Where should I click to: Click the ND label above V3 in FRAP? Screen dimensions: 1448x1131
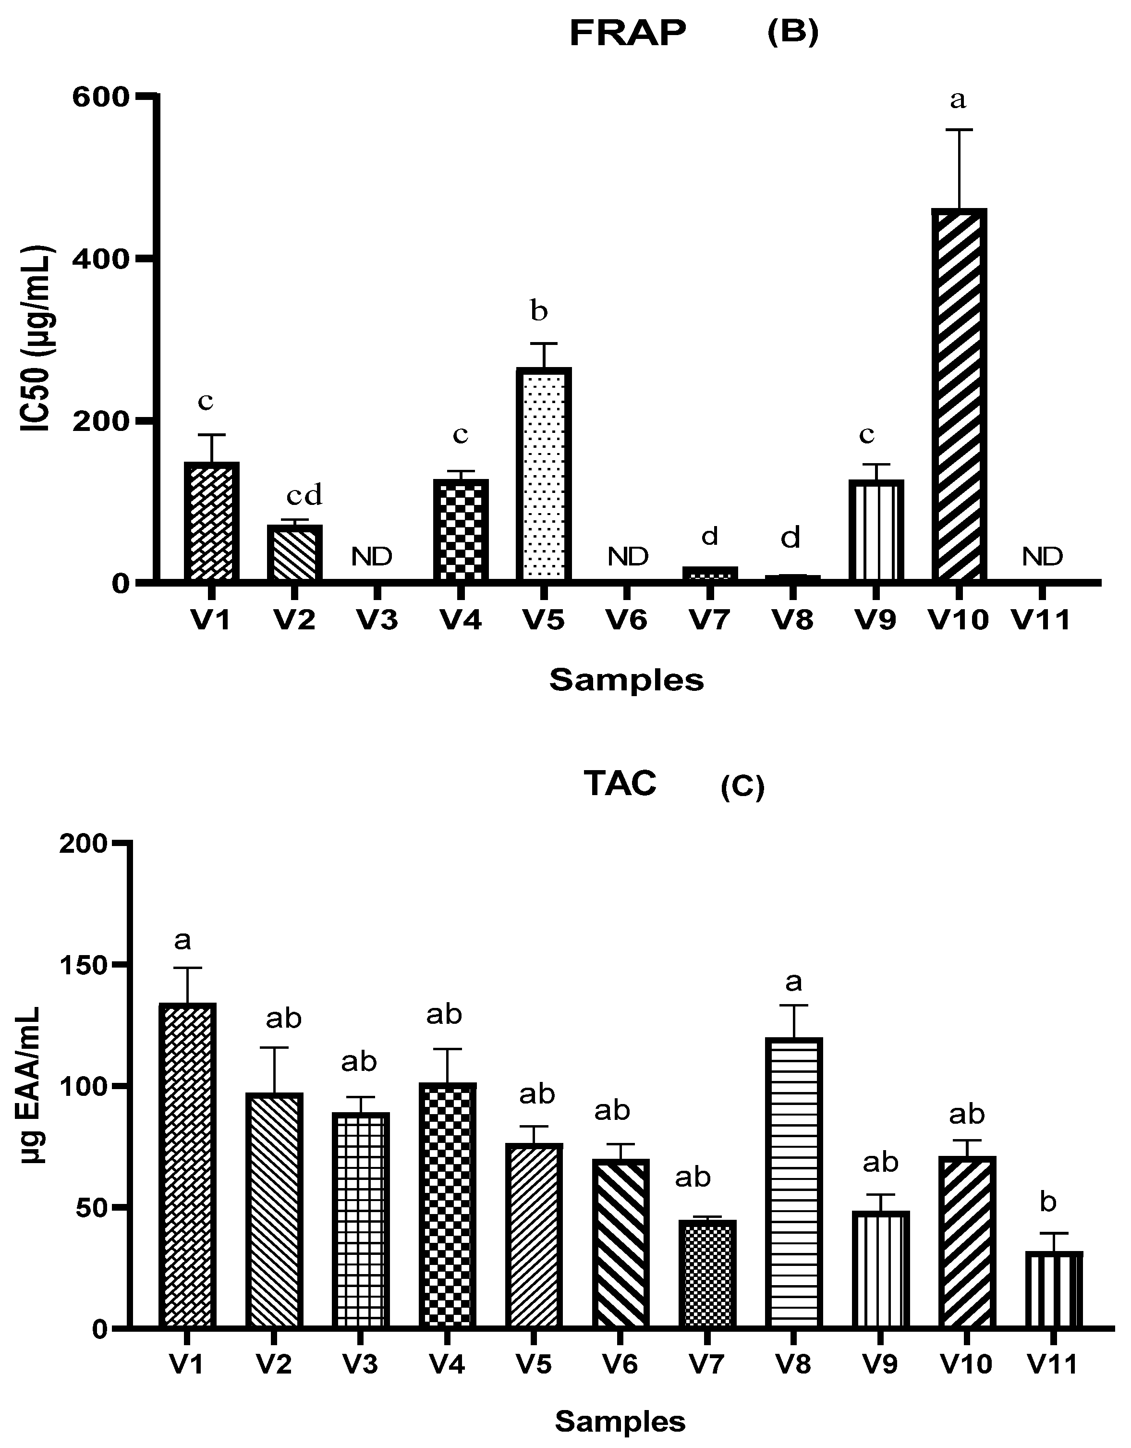(x=371, y=557)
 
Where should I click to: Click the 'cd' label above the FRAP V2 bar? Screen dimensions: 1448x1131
(x=304, y=495)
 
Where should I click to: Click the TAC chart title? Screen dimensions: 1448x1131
(x=620, y=784)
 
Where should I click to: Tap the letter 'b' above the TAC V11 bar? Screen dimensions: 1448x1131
(x=1047, y=1202)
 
